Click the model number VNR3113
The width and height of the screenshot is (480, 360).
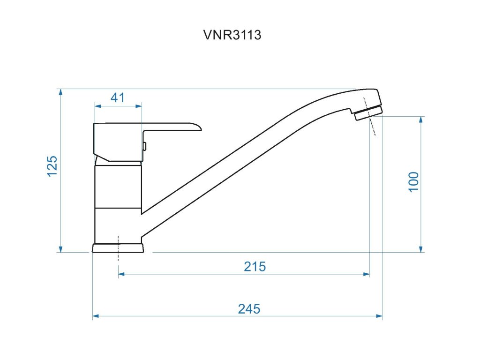pyautogui.click(x=232, y=35)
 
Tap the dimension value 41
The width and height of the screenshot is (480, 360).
pyautogui.click(x=118, y=98)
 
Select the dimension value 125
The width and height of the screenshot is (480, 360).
pyautogui.click(x=52, y=166)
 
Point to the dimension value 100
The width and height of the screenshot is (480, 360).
pyautogui.click(x=413, y=182)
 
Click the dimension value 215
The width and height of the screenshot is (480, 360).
pyautogui.click(x=255, y=267)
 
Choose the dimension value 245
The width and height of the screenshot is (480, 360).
pyautogui.click(x=249, y=309)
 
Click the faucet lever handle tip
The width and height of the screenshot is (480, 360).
pyautogui.click(x=201, y=128)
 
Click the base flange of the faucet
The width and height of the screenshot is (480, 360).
pyautogui.click(x=118, y=248)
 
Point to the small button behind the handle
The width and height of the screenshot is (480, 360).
pyautogui.click(x=144, y=146)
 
